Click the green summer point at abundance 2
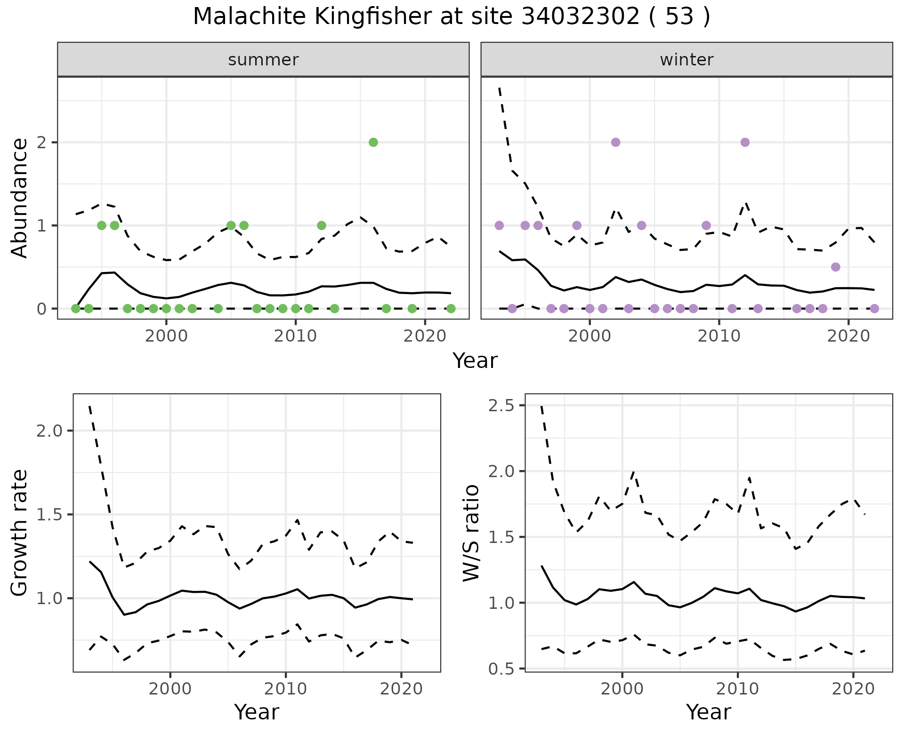[x=373, y=142]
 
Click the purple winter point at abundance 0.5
[x=836, y=267]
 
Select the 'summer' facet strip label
[x=263, y=60]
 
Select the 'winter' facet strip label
[x=686, y=60]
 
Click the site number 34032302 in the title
[x=581, y=17]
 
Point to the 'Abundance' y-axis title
[x=19, y=198]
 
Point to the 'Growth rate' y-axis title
[x=19, y=533]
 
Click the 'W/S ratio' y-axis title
[x=471, y=533]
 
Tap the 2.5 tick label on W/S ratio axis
[x=501, y=406]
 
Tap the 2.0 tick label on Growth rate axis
[x=49, y=431]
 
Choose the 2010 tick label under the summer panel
[x=295, y=337]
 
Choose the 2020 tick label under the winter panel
[x=848, y=337]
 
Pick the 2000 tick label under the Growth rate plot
[x=170, y=689]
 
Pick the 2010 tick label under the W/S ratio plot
[x=737, y=689]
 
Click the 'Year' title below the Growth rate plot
[x=257, y=712]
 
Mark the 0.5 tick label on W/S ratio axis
[x=501, y=669]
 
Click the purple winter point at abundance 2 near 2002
[x=615, y=142]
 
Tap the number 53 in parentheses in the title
[x=680, y=17]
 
